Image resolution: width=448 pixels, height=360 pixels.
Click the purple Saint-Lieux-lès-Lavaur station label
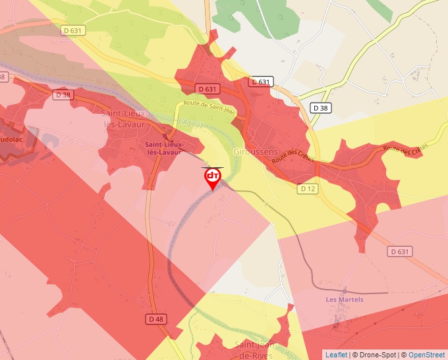pyautogui.click(x=164, y=148)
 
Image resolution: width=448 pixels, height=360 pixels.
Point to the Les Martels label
pyautogui.click(x=345, y=299)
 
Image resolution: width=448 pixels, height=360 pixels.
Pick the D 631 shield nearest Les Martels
pyautogui.click(x=399, y=251)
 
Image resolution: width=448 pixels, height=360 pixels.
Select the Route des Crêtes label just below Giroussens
pyautogui.click(x=293, y=156)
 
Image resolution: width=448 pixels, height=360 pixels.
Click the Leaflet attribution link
pyautogui.click(x=336, y=355)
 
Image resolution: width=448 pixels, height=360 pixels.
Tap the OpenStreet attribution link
pyautogui.click(x=428, y=355)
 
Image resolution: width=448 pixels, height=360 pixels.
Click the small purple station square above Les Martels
pyautogui.click(x=344, y=290)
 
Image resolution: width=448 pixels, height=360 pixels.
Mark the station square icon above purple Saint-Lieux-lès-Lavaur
pyautogui.click(x=164, y=136)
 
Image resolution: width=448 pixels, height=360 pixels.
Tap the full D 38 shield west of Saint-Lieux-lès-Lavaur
pyautogui.click(x=63, y=95)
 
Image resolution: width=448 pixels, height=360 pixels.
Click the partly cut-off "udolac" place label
pyautogui.click(x=11, y=140)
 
